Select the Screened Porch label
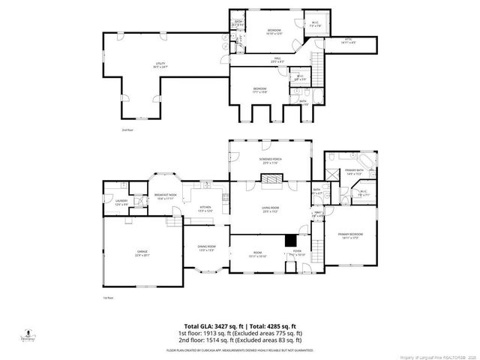click(270, 163)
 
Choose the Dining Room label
click(206, 248)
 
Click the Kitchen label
click(204, 209)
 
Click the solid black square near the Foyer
click(290, 241)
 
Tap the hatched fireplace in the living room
click(270, 179)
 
